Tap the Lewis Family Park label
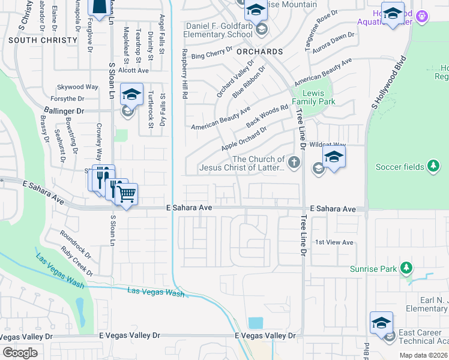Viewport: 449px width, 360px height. point(318,98)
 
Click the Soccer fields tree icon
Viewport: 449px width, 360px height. point(432,166)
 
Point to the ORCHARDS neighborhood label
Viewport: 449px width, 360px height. point(259,52)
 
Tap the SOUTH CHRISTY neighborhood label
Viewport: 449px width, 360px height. point(43,40)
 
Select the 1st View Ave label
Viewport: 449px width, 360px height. point(334,242)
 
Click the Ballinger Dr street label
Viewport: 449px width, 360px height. point(79,111)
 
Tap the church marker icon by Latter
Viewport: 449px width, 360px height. point(294,161)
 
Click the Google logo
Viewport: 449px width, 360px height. point(19,352)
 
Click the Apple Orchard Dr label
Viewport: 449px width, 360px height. point(243,138)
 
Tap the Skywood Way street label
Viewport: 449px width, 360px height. point(77,87)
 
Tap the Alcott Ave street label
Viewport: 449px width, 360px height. point(133,70)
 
